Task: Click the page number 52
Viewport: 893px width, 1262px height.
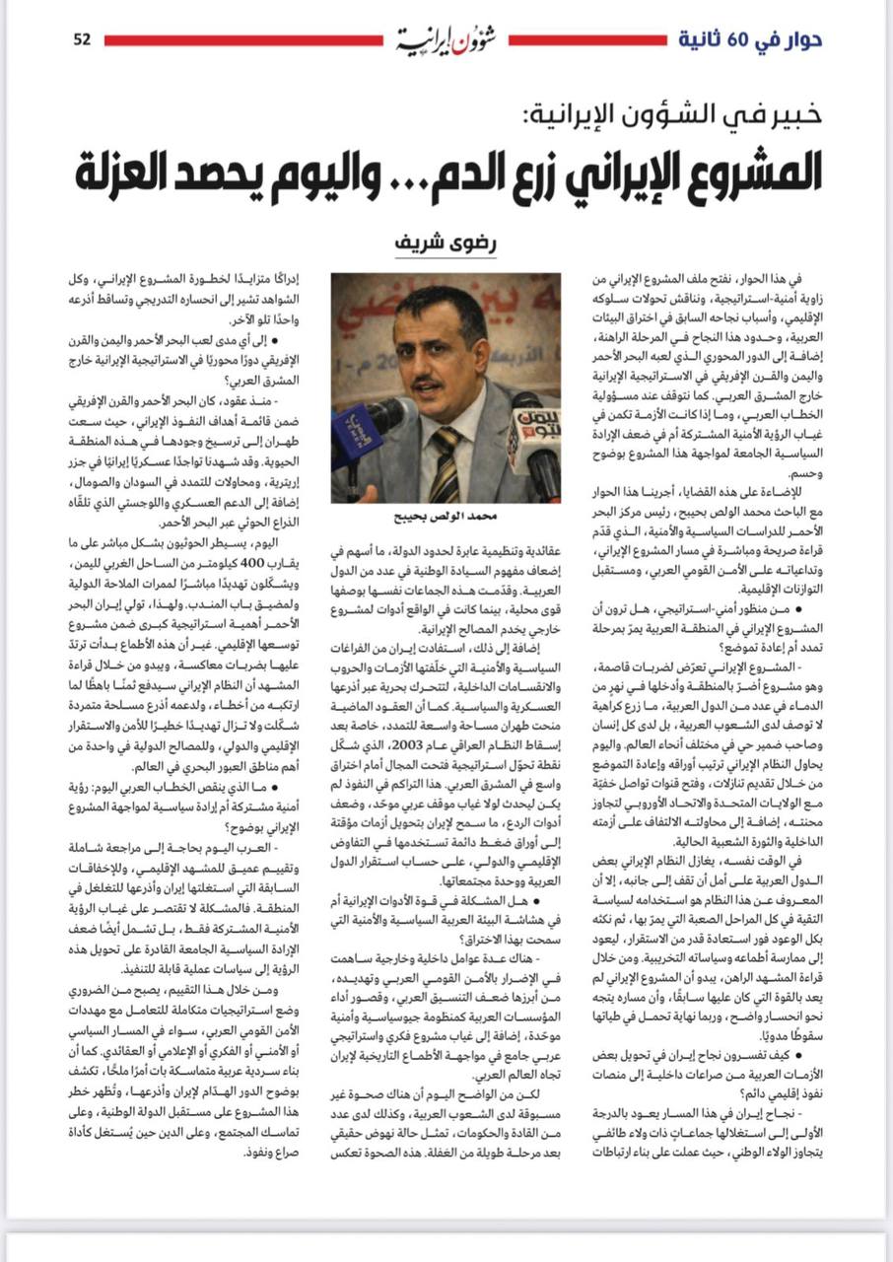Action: [82, 39]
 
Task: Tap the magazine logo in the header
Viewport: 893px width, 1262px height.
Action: [446, 39]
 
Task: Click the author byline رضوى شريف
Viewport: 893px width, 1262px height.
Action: [446, 242]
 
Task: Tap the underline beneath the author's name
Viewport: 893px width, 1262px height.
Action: [446, 258]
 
